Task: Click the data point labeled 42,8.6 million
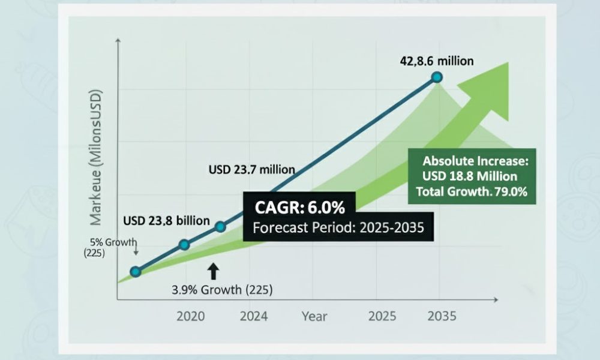pyautogui.click(x=437, y=77)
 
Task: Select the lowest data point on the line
pyautogui.click(x=135, y=272)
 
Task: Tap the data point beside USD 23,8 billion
pyautogui.click(x=220, y=227)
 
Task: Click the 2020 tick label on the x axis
pyautogui.click(x=191, y=316)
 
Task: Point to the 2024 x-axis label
pyautogui.click(x=254, y=316)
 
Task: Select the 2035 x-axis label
pyautogui.click(x=442, y=316)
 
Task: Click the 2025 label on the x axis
pyautogui.click(x=382, y=316)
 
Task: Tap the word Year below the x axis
pyautogui.click(x=314, y=316)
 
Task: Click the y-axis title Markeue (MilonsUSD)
pyautogui.click(x=95, y=158)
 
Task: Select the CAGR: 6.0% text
pyautogui.click(x=299, y=208)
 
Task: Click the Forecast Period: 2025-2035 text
pyautogui.click(x=338, y=227)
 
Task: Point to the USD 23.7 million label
pyautogui.click(x=252, y=169)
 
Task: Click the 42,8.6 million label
pyautogui.click(x=437, y=61)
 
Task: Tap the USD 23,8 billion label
pyautogui.click(x=166, y=221)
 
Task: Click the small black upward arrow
pyautogui.click(x=213, y=271)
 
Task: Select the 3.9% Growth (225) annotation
pyautogui.click(x=222, y=290)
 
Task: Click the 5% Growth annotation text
pyautogui.click(x=113, y=242)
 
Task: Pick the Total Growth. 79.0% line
pyautogui.click(x=472, y=191)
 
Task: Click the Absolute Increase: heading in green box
pyautogui.click(x=475, y=161)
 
